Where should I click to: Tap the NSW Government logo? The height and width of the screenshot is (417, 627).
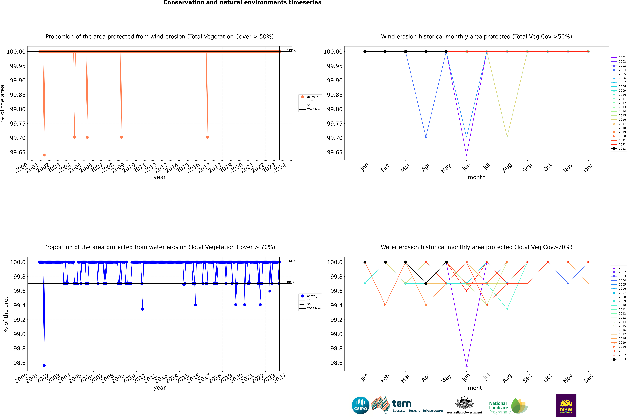(566, 405)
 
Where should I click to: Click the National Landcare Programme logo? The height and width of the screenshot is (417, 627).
(508, 406)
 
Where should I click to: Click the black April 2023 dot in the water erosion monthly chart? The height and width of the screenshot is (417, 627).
(426, 283)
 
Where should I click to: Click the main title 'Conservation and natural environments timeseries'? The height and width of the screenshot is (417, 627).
(242, 3)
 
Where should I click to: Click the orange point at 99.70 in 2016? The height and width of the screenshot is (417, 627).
(207, 137)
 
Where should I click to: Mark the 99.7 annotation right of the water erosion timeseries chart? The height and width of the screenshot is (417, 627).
(290, 282)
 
